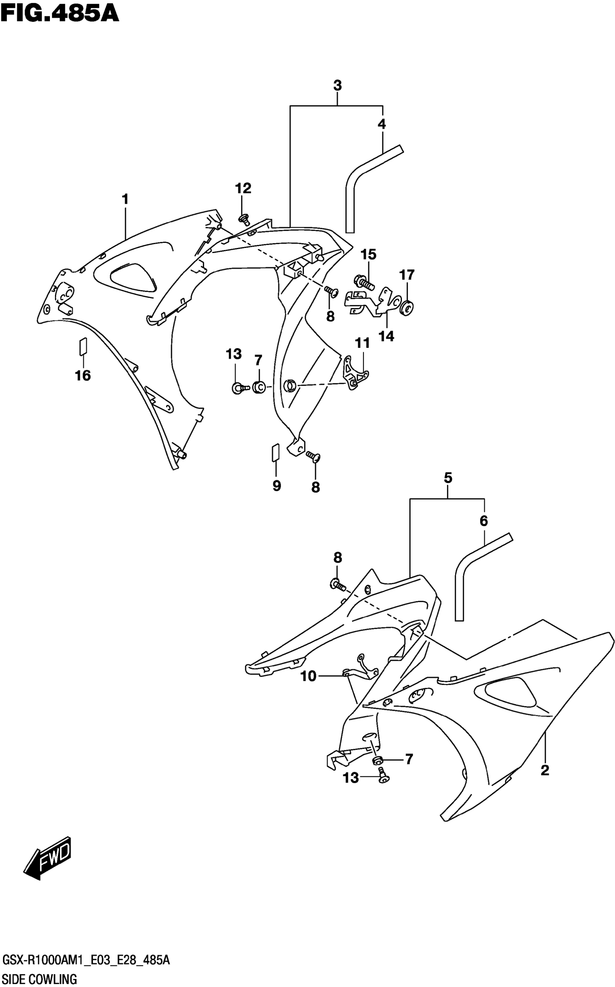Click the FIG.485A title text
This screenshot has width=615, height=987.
[59, 13]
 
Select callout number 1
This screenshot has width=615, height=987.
[125, 199]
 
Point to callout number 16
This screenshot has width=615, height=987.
[82, 375]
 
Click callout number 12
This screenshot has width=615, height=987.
[243, 188]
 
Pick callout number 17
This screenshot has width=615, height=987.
[407, 275]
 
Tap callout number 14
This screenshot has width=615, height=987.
[386, 336]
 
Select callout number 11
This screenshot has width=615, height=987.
[362, 343]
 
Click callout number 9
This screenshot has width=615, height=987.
[277, 485]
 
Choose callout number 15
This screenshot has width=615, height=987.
[369, 255]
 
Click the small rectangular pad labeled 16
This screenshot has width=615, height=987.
[83, 345]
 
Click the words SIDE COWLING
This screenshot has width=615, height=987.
[39, 978]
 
